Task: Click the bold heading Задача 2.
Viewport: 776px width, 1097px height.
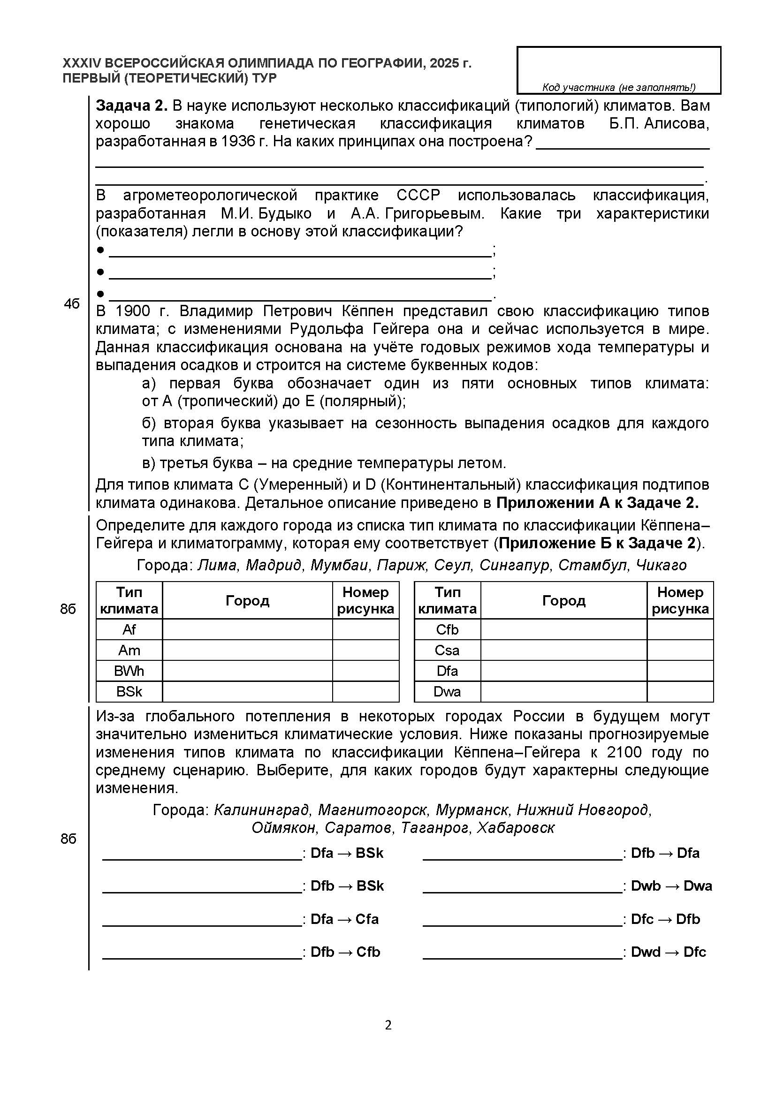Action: pos(131,106)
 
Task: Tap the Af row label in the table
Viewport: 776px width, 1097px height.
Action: pos(129,630)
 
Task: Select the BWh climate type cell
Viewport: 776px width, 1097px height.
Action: pos(129,671)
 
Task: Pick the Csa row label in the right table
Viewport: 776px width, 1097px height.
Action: pos(447,650)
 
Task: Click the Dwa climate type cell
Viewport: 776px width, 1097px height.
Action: pos(447,691)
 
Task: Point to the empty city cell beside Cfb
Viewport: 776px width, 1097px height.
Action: pos(563,630)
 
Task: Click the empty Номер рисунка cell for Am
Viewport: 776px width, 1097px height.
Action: pos(365,650)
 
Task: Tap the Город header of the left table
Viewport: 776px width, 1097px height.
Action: pos(247,601)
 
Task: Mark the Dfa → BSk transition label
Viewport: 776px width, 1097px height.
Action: pos(347,853)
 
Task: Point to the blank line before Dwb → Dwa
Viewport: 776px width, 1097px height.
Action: pos(522,891)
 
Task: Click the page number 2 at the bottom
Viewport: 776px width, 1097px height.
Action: pos(388,1025)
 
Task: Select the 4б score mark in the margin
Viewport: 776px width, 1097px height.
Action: pos(71,304)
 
